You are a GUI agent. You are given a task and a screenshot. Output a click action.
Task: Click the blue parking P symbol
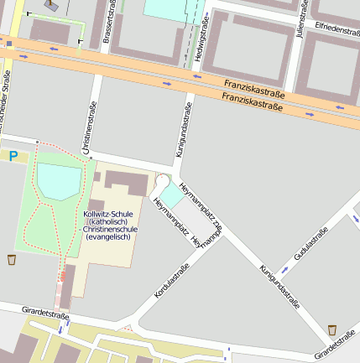point(13,155)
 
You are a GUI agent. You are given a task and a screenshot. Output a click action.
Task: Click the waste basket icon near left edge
point(12,259)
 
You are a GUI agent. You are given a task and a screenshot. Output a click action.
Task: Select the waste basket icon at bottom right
point(332,329)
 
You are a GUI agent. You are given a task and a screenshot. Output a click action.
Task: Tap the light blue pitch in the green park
point(59,181)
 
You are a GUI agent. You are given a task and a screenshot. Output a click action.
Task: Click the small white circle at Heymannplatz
point(162,181)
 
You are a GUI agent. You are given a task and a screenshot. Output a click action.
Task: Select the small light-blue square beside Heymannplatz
point(170,194)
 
